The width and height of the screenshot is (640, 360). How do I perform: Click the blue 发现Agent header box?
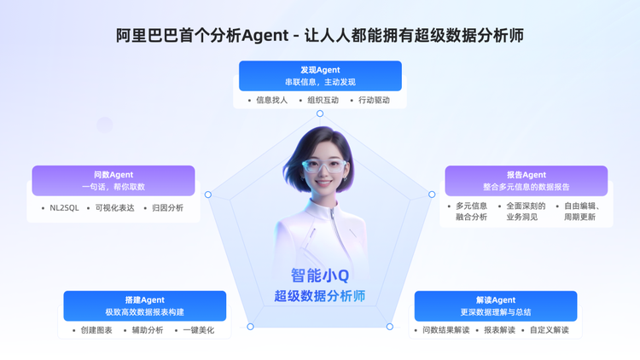[x=320, y=76]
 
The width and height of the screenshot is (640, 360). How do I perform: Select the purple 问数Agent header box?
[x=113, y=180]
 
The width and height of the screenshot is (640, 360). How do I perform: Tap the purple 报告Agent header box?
[x=527, y=181]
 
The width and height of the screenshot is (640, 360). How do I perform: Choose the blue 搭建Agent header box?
[x=145, y=305]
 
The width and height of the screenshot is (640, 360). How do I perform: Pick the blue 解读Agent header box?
[x=496, y=306]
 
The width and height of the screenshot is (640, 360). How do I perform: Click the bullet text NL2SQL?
[x=64, y=208]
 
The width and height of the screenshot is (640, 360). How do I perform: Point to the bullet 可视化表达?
[x=114, y=208]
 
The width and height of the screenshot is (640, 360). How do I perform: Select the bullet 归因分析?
[x=167, y=208]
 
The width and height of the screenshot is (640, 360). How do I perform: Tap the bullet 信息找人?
[x=272, y=100]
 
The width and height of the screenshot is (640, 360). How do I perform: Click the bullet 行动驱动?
[x=374, y=100]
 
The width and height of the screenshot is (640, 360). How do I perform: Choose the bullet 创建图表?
[x=96, y=330]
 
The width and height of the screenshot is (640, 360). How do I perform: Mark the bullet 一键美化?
[x=198, y=330]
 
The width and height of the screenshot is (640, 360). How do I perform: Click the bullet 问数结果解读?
[x=445, y=330]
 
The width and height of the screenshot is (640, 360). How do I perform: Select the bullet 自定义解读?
[x=550, y=330]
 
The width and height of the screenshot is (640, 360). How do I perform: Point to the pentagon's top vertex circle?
[x=320, y=113]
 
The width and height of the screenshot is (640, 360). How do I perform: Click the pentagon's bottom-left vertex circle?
[x=250, y=327]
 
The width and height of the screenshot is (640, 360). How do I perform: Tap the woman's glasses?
[x=323, y=165]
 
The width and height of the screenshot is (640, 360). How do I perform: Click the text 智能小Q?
[x=320, y=276]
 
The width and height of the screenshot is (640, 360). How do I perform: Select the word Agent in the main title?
[x=265, y=36]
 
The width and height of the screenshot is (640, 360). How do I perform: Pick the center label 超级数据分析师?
[x=320, y=296]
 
